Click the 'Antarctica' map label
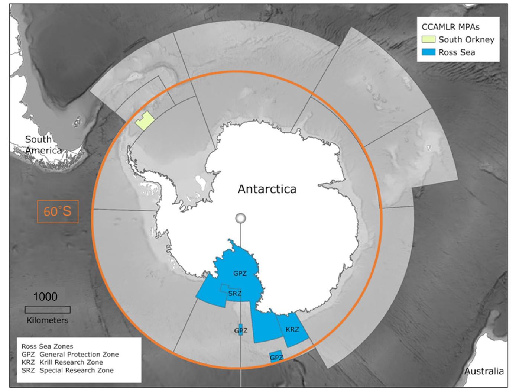tap(267, 189)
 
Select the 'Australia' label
tap(484, 371)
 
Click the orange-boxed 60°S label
tap(58, 211)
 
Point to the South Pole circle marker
tap(241, 218)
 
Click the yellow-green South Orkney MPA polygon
tap(145, 121)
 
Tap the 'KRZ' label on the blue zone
tap(292, 329)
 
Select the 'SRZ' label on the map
tap(235, 294)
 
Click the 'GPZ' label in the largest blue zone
tap(240, 274)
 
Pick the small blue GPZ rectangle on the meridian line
tap(240, 330)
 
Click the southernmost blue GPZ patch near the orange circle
tap(276, 356)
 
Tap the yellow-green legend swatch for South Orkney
tap(428, 39)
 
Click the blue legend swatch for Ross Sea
tap(428, 52)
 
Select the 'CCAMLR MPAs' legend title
tap(450, 27)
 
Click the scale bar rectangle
tap(48, 310)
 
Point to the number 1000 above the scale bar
tap(45, 297)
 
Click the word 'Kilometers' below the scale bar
tap(48, 320)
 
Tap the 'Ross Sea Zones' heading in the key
tap(47, 346)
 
